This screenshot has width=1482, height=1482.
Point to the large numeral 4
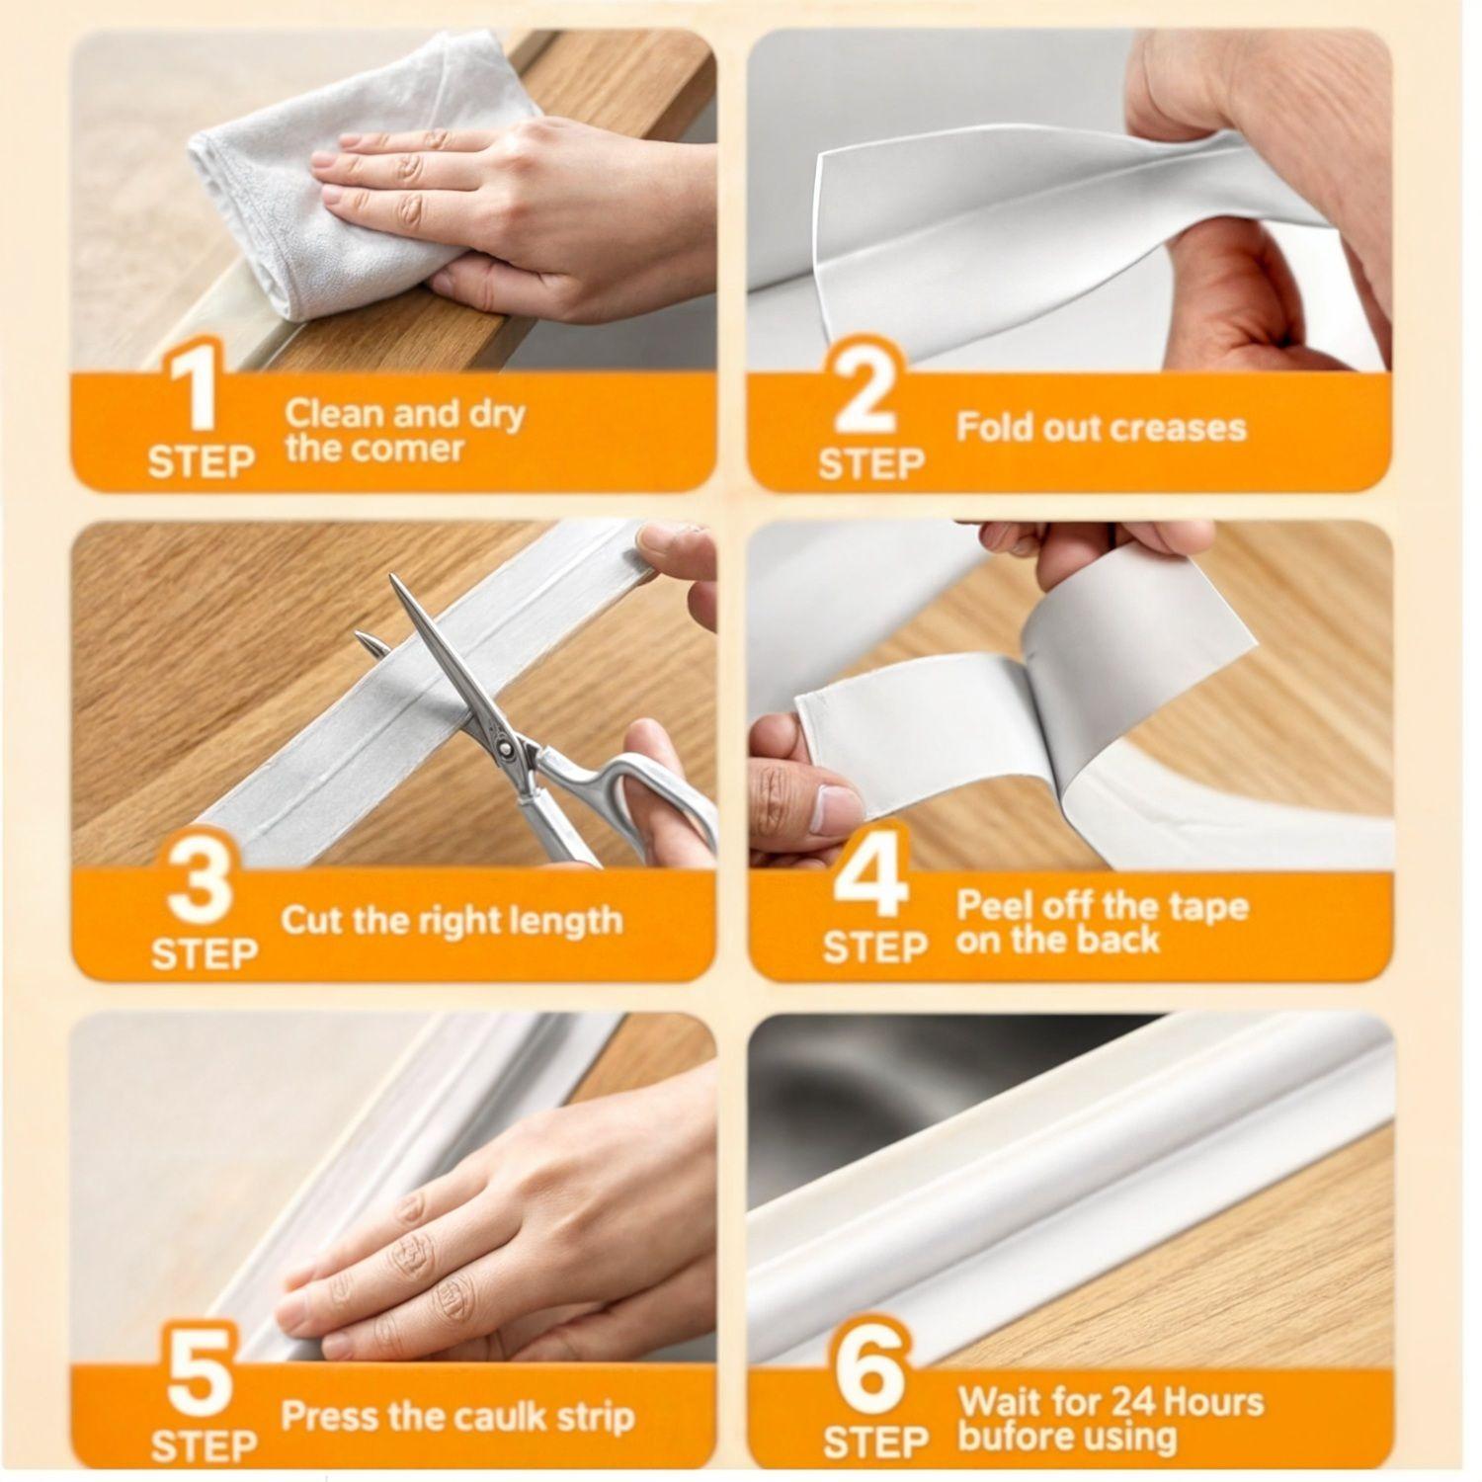point(872,873)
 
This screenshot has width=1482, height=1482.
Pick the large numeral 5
point(200,1372)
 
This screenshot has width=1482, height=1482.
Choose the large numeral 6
point(872,1372)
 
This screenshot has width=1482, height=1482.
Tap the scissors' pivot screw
point(505,750)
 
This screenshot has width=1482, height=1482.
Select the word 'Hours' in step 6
point(1214,1401)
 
